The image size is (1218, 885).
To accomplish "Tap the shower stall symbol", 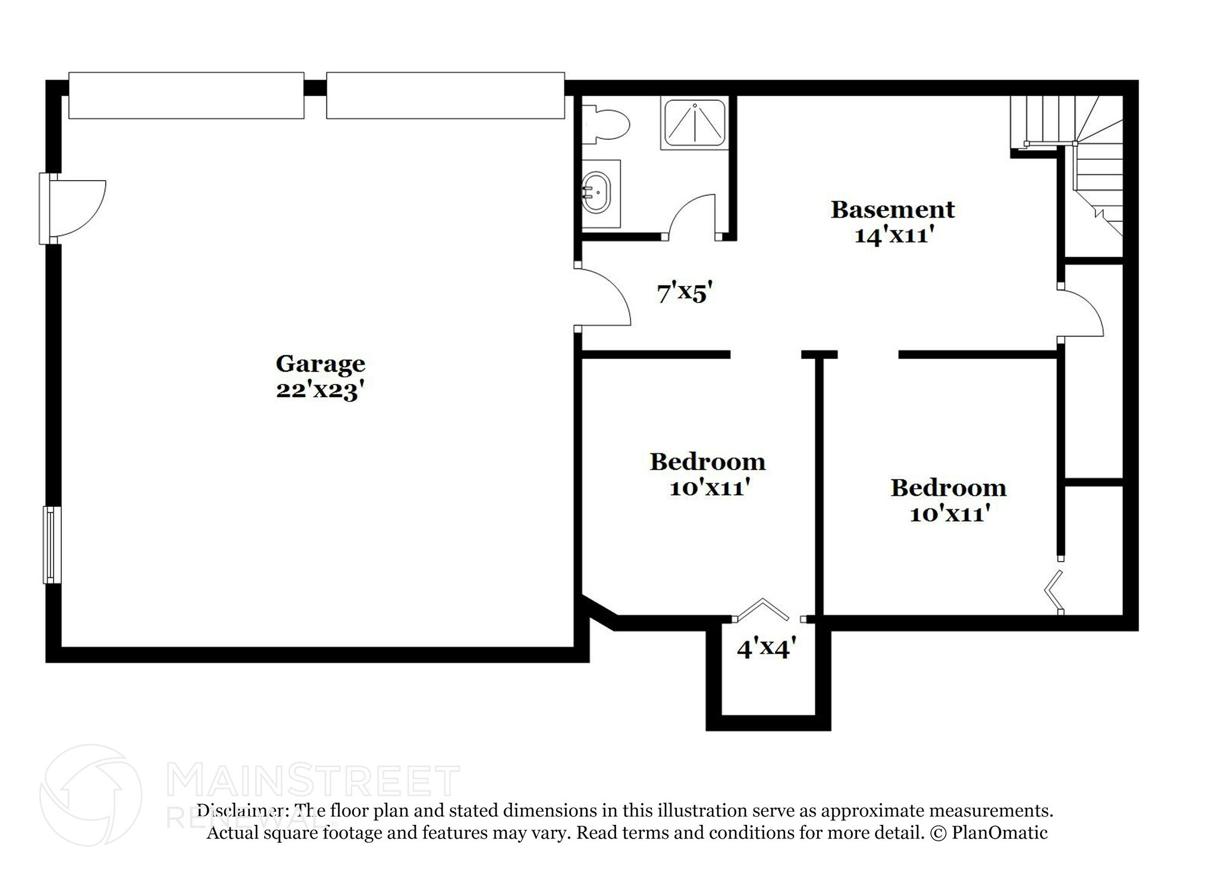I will pyautogui.click(x=695, y=124).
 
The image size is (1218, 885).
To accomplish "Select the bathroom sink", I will pyautogui.click(x=597, y=193).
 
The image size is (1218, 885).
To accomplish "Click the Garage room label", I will pyautogui.click(x=320, y=364).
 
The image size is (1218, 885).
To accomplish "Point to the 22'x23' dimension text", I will pyautogui.click(x=320, y=390).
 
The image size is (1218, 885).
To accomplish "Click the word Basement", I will pyautogui.click(x=892, y=210).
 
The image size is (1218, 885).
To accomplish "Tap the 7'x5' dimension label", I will pyautogui.click(x=685, y=293).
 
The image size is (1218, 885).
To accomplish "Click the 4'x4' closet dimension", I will pyautogui.click(x=766, y=648).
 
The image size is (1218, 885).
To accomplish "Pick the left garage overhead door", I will pyautogui.click(x=186, y=96).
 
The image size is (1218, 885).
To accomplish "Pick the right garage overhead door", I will pyautogui.click(x=445, y=96).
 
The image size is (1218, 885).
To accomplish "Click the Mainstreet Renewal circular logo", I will pyautogui.click(x=90, y=795).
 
